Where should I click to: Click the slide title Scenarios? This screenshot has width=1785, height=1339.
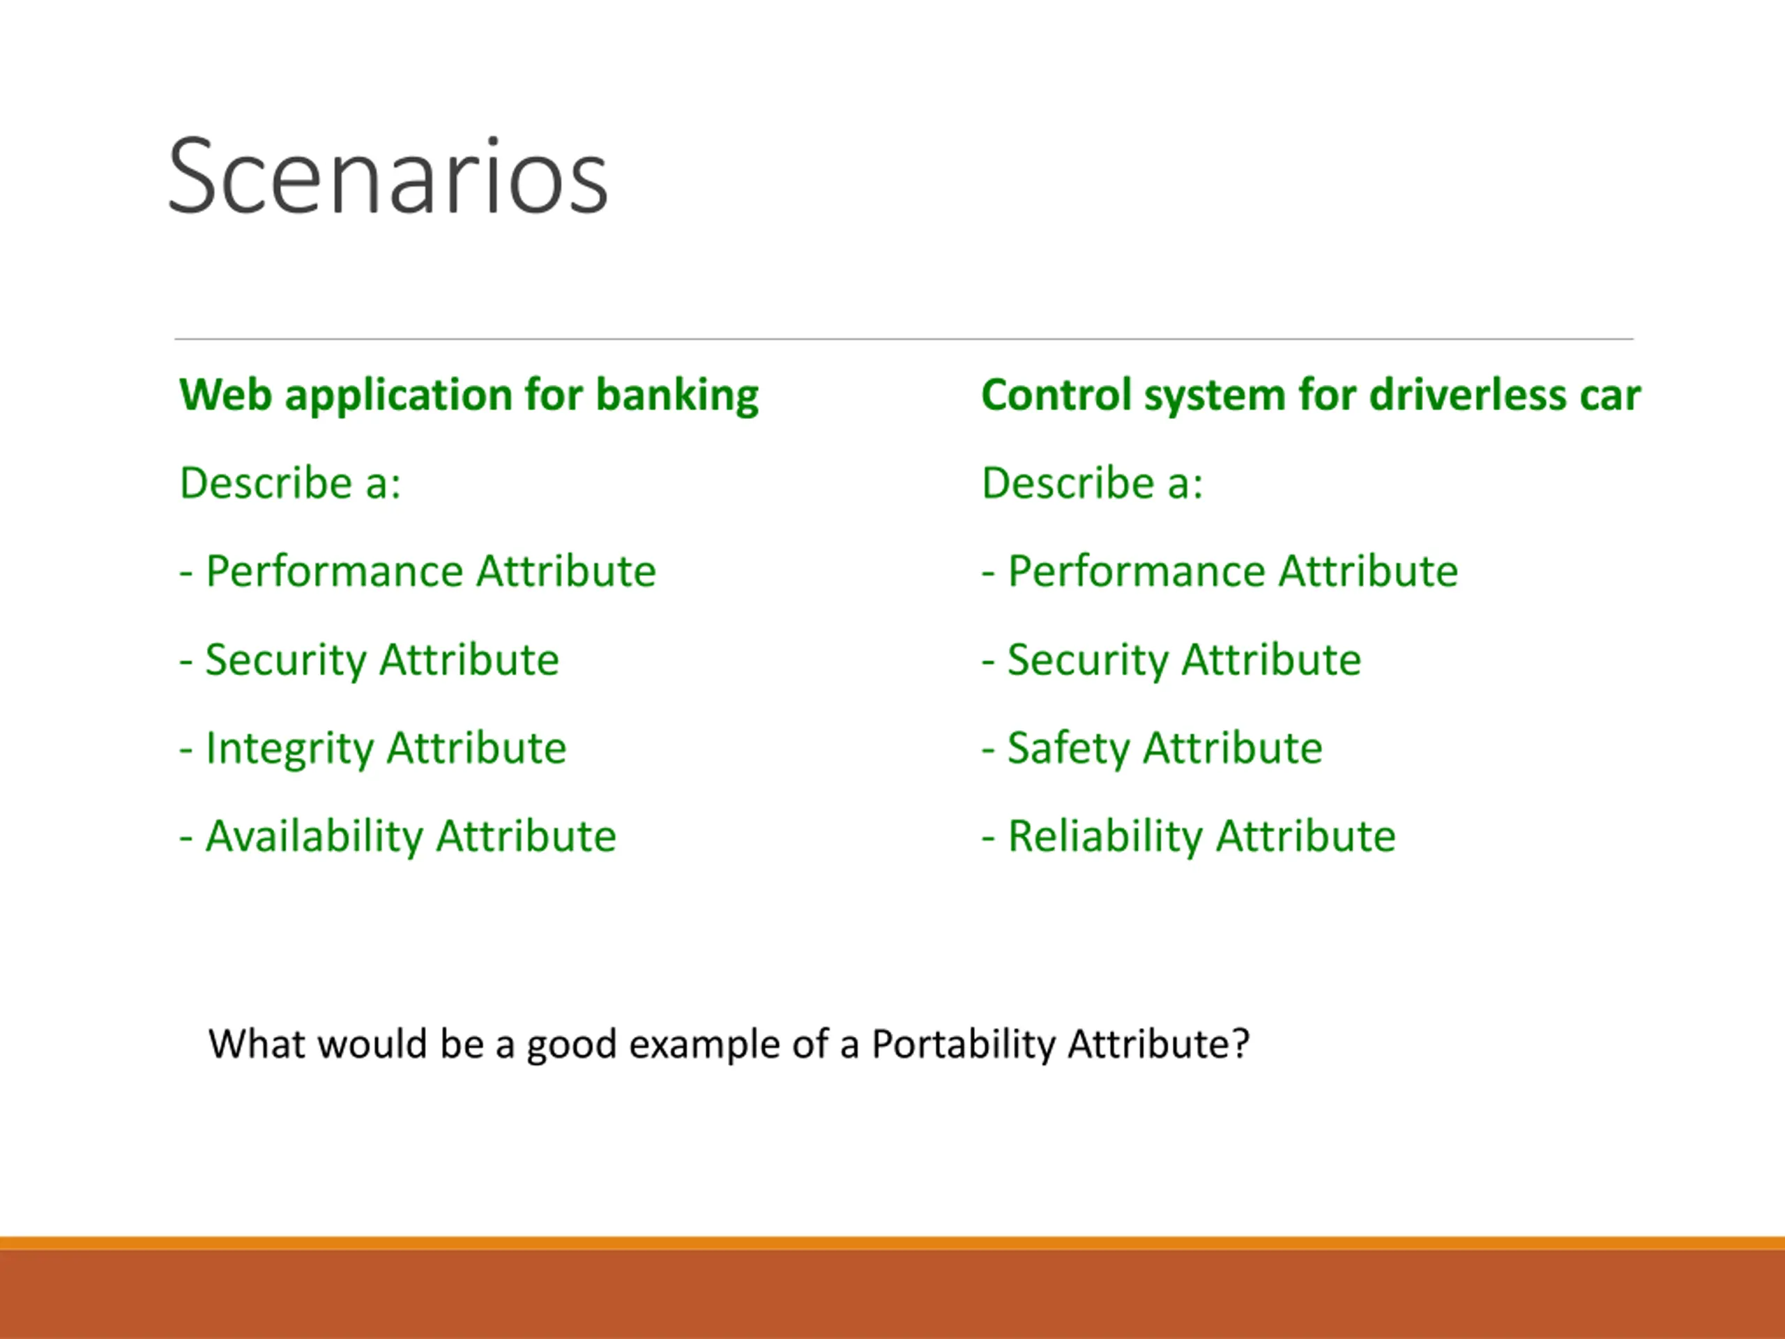pyautogui.click(x=388, y=176)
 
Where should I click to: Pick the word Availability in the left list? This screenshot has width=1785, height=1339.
pyautogui.click(x=314, y=837)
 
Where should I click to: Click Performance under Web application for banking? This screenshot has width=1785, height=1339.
pyautogui.click(x=334, y=571)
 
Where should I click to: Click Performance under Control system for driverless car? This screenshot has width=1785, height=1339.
pyautogui.click(x=1137, y=571)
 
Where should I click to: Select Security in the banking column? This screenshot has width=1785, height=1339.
pyautogui.click(x=286, y=661)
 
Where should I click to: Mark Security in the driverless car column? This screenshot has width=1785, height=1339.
pyautogui.click(x=1088, y=661)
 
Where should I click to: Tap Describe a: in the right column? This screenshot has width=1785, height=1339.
pyautogui.click(x=1093, y=483)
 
